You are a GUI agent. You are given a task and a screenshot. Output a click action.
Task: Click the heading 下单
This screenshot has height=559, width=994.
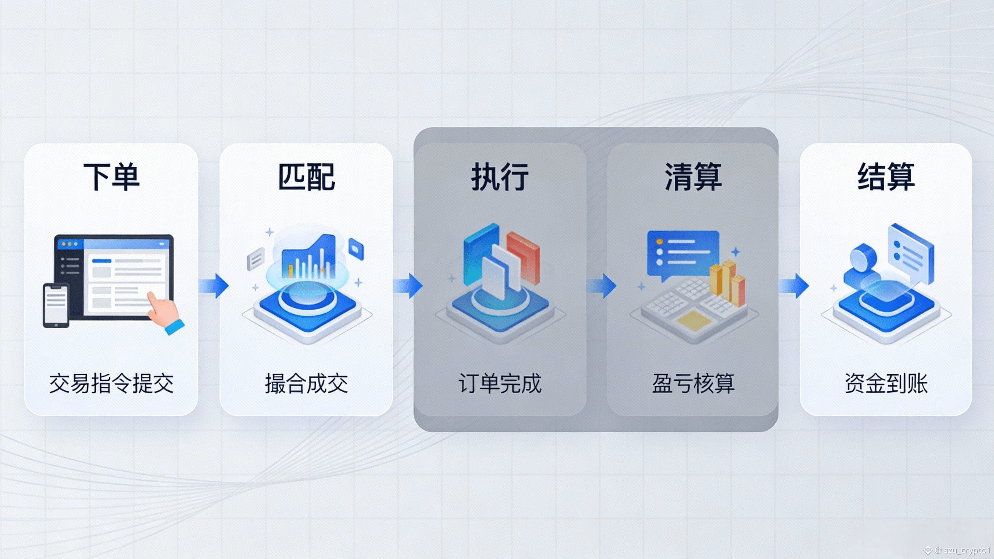point(112,176)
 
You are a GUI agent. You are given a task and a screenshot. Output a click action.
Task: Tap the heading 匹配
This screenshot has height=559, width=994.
point(306,176)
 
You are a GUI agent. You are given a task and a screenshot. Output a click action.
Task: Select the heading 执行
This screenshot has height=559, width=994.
point(500,176)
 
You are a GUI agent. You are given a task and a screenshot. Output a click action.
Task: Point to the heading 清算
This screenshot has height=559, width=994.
point(693,176)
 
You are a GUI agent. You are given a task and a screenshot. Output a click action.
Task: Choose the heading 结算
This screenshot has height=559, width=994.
point(886,176)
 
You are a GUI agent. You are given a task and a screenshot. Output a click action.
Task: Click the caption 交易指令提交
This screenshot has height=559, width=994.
point(112,383)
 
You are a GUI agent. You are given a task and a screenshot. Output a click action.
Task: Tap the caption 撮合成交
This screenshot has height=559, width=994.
point(306,383)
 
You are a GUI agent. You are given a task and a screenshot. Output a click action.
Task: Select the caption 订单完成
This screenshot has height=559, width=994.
point(500,383)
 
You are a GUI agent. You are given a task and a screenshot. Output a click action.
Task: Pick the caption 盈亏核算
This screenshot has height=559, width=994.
point(693,383)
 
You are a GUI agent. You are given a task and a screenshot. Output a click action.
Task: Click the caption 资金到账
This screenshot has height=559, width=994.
point(886,383)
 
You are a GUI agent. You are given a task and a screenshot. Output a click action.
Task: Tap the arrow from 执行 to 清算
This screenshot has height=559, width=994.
point(602,286)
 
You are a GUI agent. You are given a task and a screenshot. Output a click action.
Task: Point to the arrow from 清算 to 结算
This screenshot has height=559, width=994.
point(794,286)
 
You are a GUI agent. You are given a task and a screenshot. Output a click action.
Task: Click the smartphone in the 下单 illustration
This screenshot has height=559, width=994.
point(56,305)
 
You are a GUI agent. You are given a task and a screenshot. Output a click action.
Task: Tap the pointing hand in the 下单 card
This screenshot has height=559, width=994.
point(164,311)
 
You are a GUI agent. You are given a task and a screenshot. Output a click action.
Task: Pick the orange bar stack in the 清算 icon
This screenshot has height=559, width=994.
point(727,282)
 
